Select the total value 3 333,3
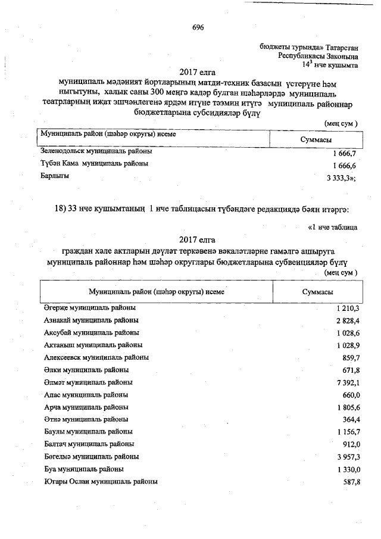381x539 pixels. pos(341,178)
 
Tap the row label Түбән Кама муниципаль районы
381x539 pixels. pos(95,163)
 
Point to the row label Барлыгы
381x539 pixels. pos(55,176)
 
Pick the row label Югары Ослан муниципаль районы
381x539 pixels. pos(101,481)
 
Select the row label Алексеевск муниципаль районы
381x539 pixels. pos(96,357)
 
